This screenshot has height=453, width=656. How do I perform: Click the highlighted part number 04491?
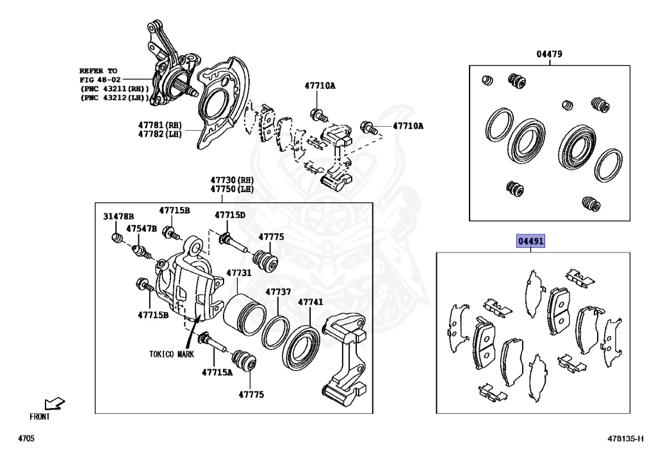530,242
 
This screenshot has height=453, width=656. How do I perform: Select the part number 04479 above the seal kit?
549,54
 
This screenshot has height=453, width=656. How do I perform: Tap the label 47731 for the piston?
238,273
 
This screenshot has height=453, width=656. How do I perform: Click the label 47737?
279,292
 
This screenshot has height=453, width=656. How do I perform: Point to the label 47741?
310,302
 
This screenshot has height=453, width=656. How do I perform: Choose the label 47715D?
230,215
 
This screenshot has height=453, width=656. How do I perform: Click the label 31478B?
119,217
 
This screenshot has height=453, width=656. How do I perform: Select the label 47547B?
141,228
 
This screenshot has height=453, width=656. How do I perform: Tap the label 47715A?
217,372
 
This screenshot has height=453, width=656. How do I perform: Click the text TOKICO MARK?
172,354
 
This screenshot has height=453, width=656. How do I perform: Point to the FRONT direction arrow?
54,403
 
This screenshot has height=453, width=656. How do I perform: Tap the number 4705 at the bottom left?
26,439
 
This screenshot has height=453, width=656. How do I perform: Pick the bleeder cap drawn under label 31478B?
117,239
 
